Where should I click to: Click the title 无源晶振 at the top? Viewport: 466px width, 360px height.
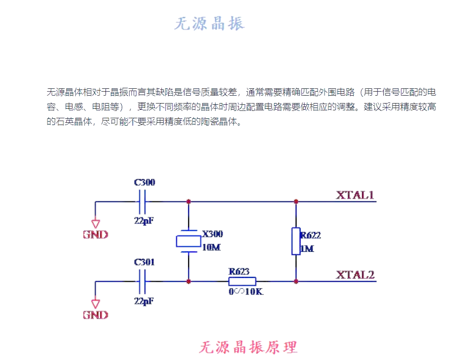coord(210,24)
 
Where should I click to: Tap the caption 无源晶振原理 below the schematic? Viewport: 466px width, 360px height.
coord(249,346)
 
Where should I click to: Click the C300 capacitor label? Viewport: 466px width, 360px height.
coord(144,182)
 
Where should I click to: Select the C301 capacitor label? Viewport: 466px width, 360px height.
coord(144,263)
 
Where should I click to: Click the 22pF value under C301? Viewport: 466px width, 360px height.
coord(144,301)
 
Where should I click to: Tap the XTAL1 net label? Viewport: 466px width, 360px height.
coord(356,195)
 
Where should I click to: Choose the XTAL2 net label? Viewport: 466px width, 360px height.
coord(356,275)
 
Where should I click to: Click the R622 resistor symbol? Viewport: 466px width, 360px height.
coord(296,241)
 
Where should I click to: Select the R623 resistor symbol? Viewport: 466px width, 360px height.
coord(242,281)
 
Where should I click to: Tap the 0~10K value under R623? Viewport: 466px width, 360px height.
coord(246,292)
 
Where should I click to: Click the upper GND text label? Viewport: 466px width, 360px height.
coord(95,234)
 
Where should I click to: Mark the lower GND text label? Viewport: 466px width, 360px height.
coord(95,315)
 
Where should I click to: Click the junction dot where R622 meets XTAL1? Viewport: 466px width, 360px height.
coord(296,201)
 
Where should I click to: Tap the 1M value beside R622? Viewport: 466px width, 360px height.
coord(307,248)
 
